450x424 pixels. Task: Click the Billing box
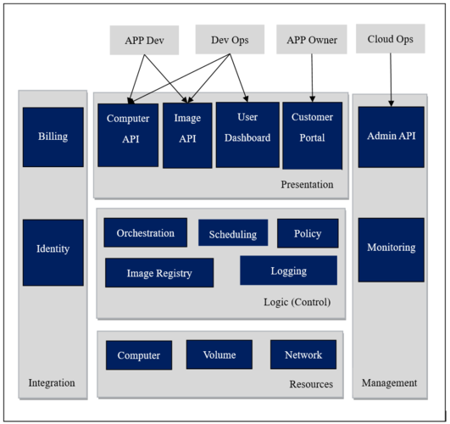click(x=53, y=137)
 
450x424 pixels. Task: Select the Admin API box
click(x=391, y=137)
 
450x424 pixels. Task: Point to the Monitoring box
click(x=391, y=248)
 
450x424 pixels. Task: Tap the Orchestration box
click(x=146, y=233)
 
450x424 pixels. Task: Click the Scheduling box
click(x=233, y=234)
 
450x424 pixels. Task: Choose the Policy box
click(x=308, y=233)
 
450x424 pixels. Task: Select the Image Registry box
click(x=159, y=273)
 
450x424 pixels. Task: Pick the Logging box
click(x=288, y=271)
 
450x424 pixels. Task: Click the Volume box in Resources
click(x=219, y=355)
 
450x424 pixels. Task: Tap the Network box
click(x=303, y=355)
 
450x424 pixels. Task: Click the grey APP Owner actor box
click(x=311, y=39)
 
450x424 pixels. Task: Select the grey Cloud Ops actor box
click(x=391, y=39)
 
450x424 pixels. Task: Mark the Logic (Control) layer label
click(x=297, y=303)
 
